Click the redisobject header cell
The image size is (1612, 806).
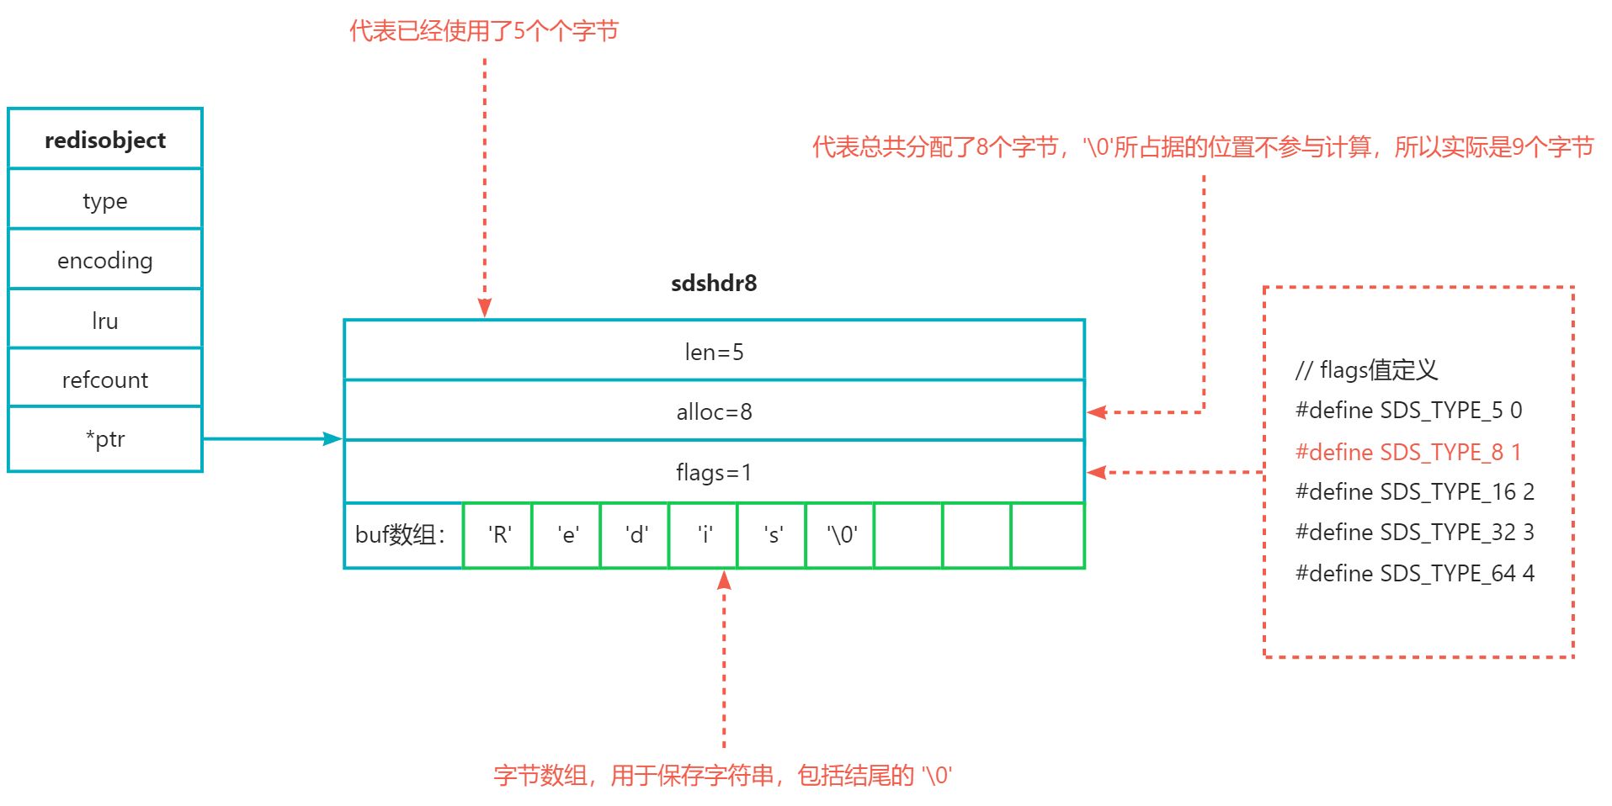[x=105, y=140]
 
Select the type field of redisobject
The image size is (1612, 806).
[x=105, y=200]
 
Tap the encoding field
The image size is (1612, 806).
[x=105, y=260]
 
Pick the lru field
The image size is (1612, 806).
[x=105, y=320]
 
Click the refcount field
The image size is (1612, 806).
[x=105, y=379]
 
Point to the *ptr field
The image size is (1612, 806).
[x=105, y=439]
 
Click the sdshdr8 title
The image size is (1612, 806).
[x=714, y=284]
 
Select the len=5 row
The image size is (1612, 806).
[x=714, y=352]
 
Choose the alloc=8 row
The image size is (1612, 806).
[x=714, y=411]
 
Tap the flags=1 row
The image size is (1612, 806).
[x=714, y=472]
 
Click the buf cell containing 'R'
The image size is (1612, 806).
[x=498, y=535]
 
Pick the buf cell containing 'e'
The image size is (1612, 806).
[x=567, y=535]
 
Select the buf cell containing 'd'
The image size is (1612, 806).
[x=636, y=535]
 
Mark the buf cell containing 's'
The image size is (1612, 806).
[x=772, y=535]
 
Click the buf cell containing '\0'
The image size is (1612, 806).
[x=841, y=535]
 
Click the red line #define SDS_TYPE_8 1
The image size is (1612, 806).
[x=1407, y=452]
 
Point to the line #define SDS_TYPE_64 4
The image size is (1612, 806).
[x=1414, y=573]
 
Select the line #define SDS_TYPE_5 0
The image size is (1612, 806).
[x=1408, y=411]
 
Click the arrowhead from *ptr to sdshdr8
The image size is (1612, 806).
[x=333, y=438]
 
